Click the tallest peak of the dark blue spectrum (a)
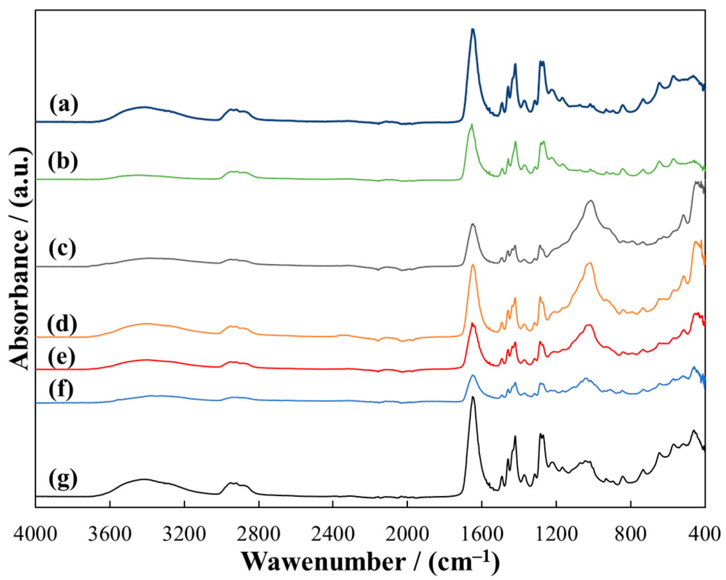[473, 29]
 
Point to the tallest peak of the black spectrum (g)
[473, 397]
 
